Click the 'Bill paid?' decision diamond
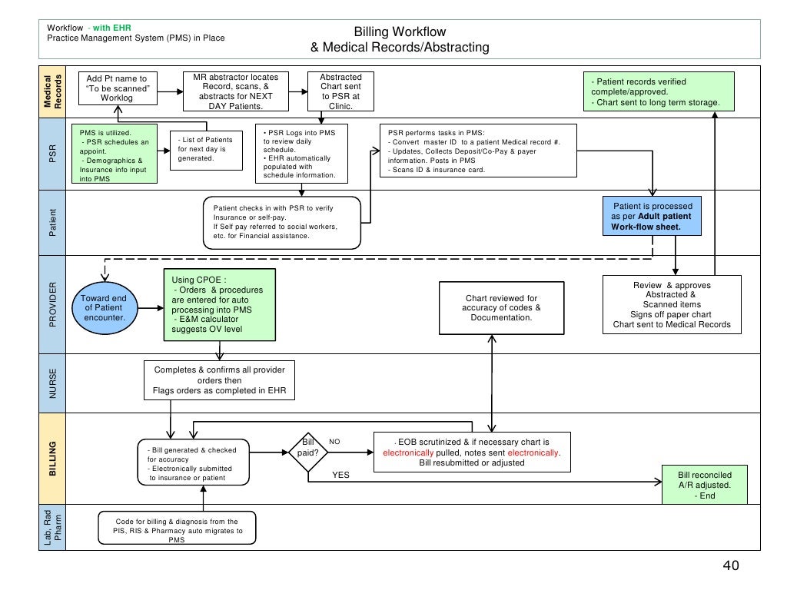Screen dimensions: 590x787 [308, 447]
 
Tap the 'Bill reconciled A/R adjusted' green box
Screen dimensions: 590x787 [705, 485]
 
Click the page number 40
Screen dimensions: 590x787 [730, 566]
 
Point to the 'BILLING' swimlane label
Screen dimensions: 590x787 [53, 459]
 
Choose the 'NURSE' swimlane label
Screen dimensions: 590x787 [53, 383]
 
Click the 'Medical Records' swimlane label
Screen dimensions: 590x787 [53, 91]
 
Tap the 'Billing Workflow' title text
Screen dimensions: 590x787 [399, 31]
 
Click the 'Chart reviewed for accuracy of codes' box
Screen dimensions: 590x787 [501, 307]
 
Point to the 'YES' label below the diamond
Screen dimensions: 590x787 [340, 475]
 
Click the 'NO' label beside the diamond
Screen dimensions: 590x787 [334, 442]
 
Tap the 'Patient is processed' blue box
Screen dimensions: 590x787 [652, 217]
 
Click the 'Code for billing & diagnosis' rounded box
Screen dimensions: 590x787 [177, 530]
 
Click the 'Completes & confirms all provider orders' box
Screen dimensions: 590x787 [220, 381]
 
